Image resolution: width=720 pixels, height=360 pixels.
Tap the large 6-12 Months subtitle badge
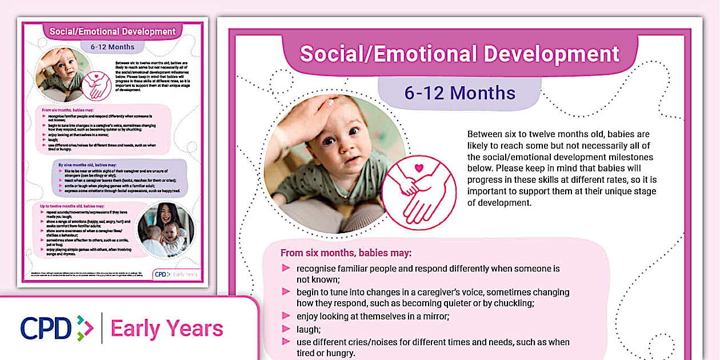click(459, 93)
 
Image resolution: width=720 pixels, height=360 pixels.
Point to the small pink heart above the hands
click(419, 169)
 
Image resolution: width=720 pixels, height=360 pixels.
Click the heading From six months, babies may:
click(346, 253)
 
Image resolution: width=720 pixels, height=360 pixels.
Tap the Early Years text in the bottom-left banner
click(167, 329)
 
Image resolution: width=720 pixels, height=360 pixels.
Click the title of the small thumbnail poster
click(112, 31)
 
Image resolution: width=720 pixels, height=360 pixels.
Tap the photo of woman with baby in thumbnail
click(164, 230)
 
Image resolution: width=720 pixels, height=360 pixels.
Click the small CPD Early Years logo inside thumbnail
click(177, 274)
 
